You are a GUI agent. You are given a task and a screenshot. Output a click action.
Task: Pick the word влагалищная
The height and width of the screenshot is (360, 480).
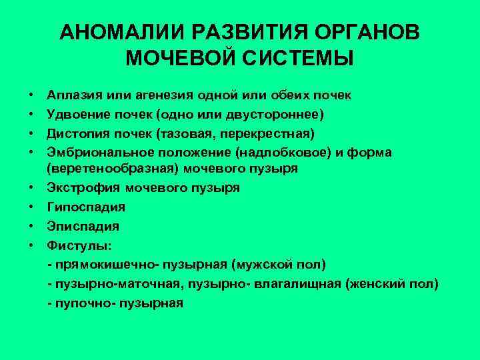298,284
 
